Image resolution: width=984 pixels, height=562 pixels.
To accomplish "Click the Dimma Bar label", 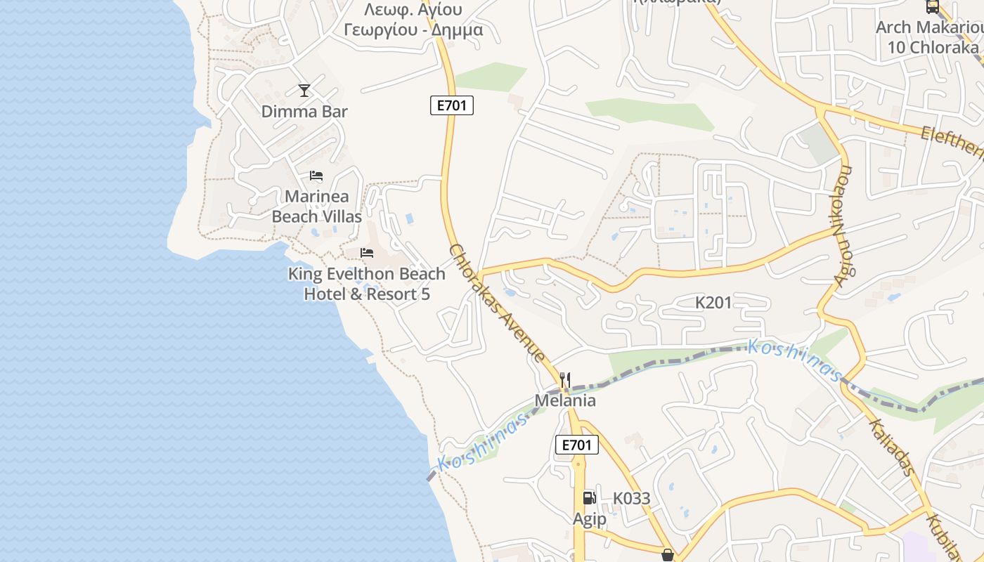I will [304, 111].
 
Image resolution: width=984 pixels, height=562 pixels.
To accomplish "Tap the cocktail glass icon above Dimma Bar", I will [304, 91].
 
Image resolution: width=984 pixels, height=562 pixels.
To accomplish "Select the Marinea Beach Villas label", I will [317, 207].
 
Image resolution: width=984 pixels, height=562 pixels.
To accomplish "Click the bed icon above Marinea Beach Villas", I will [316, 176].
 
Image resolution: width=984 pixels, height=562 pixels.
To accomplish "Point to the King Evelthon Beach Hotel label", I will [366, 284].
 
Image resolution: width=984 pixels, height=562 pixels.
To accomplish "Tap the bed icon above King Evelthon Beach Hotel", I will [367, 253].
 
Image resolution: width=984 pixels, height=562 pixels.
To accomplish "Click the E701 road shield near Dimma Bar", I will [452, 106].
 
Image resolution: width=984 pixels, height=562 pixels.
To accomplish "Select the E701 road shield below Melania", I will [577, 445].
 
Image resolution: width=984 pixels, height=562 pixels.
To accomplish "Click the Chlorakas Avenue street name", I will [497, 303].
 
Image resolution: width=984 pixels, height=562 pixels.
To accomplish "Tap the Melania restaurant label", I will [565, 400].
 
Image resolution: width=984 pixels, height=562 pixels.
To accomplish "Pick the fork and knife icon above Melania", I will [565, 381].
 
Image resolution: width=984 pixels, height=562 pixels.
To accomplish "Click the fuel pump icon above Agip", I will [589, 498].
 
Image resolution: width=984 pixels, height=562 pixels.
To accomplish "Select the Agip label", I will [589, 519].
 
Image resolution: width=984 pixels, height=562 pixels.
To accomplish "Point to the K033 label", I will [631, 498].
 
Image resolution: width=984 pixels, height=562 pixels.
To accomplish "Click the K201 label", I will [713, 303].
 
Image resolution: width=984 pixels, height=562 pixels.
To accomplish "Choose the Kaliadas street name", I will [891, 447].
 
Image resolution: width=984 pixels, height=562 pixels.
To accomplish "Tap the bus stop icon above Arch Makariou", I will [933, 6].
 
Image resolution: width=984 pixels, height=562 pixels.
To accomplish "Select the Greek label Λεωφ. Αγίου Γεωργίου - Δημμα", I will [413, 20].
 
